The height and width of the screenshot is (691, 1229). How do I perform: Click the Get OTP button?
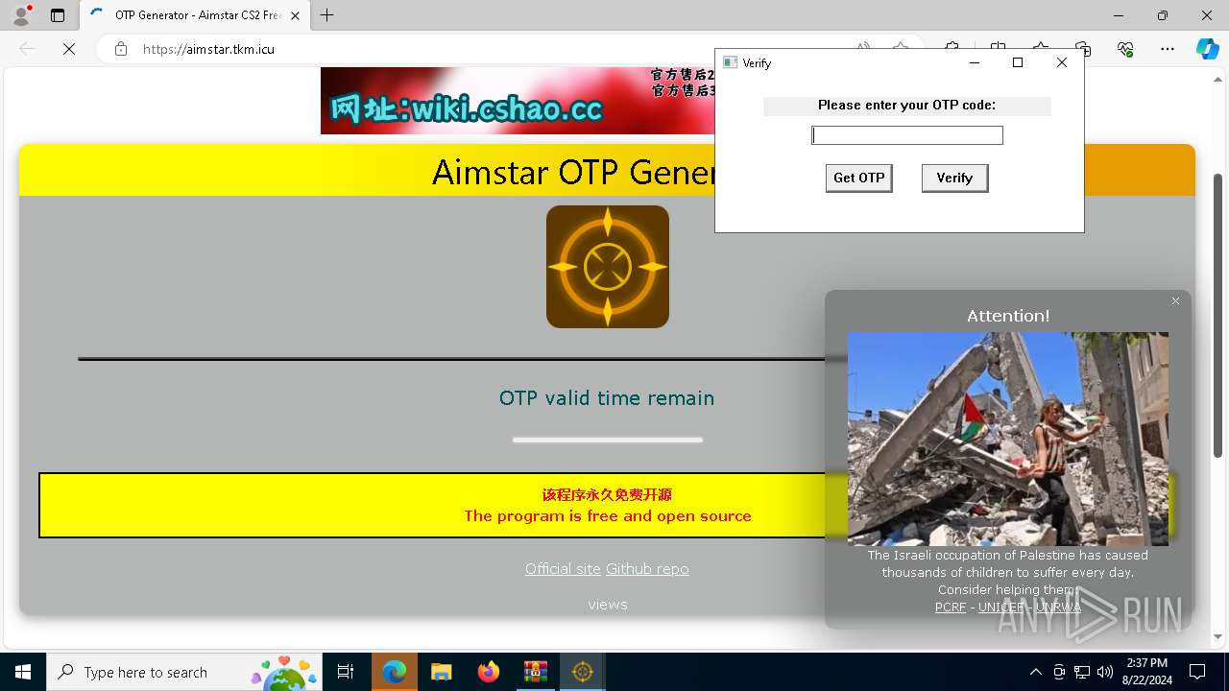pos(858,178)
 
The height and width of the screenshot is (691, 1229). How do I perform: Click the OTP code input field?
pos(906,135)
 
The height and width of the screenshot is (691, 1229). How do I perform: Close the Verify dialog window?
pos(1061,62)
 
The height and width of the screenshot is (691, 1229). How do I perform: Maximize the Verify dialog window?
pos(1018,62)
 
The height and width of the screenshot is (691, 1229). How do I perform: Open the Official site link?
pos(563,568)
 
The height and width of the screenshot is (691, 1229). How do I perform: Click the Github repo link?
pos(647,568)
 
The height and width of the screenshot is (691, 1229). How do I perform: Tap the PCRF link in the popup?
pos(951,607)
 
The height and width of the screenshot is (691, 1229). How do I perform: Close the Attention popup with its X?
pos(1175,301)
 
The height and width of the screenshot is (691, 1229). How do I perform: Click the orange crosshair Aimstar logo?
pos(608,267)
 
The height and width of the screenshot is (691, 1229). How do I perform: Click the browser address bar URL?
pos(208,49)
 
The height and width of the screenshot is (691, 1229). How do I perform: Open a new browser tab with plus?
pos(327,15)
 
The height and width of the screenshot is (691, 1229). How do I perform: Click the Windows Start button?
pos(23,672)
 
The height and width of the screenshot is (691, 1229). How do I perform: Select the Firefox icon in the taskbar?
pos(489,672)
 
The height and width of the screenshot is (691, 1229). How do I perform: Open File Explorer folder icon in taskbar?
pos(442,672)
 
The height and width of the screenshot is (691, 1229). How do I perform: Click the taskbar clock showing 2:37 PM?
pos(1146,671)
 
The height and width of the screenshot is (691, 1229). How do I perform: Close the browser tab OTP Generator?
pos(296,15)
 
